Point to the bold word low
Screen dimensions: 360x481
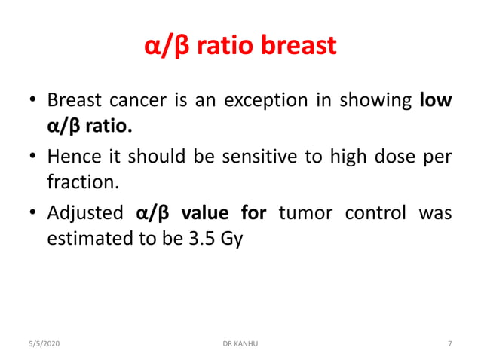436,101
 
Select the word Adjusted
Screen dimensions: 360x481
84,212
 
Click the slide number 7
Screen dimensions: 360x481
450,343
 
